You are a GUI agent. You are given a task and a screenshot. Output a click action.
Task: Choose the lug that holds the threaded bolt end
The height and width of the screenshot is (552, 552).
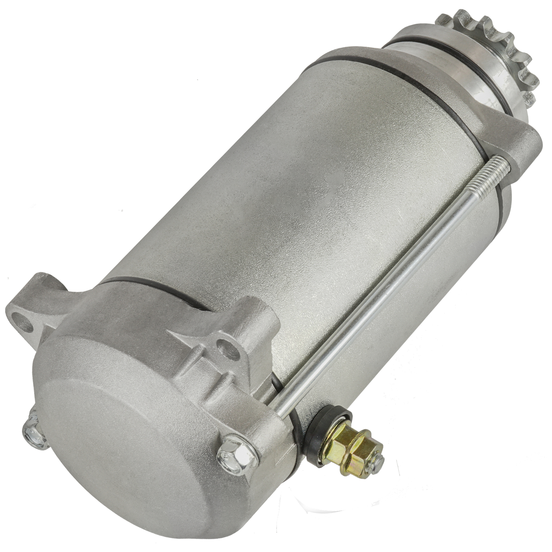[517, 145]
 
